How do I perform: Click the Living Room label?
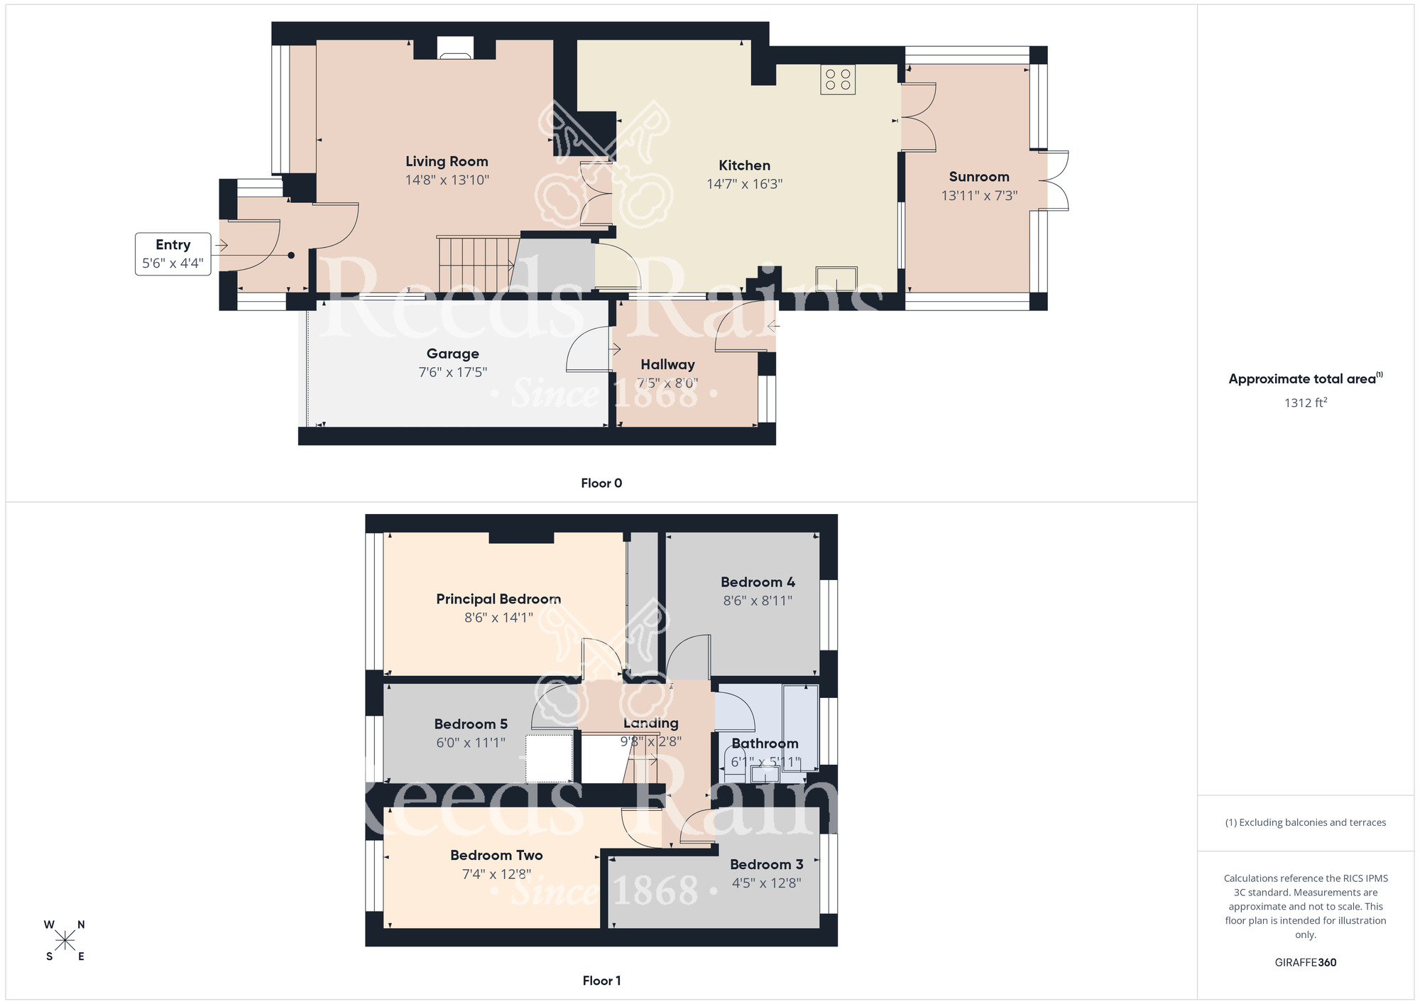447,162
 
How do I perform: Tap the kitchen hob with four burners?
838,80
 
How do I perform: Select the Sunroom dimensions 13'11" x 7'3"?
979,196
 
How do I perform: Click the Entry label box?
173,253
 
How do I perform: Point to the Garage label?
452,354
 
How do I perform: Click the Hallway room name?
667,364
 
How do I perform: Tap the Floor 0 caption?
601,484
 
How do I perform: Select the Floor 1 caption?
601,981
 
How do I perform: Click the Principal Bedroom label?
498,599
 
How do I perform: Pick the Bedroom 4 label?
758,582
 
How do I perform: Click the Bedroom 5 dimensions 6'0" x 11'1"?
471,743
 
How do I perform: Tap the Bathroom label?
765,743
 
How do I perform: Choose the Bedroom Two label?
496,856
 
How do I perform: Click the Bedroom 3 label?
766,865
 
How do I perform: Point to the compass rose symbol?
65,941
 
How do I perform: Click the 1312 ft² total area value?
1305,403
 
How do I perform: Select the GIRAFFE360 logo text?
1305,963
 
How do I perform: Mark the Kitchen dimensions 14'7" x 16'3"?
744,185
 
